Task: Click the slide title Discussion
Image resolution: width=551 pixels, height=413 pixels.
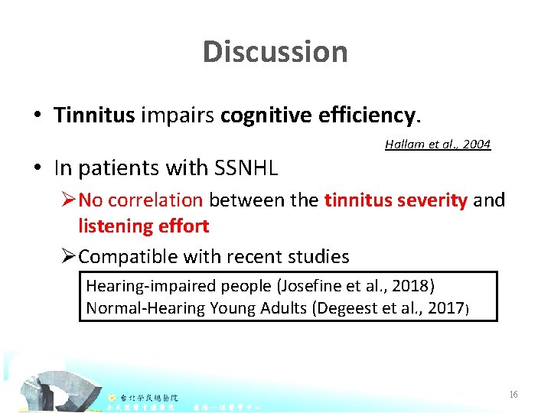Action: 275,52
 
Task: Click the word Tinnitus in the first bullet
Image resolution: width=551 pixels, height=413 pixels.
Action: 94,115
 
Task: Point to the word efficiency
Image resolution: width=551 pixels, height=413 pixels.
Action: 366,115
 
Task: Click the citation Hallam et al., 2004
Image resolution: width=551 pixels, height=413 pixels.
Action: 438,144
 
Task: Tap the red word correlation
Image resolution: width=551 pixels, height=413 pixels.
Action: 155,200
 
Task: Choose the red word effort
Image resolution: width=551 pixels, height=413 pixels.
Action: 184,226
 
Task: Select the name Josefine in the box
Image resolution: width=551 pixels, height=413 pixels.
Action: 302,286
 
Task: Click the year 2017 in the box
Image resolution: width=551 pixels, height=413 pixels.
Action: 446,308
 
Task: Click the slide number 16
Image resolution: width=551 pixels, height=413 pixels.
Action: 514,395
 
